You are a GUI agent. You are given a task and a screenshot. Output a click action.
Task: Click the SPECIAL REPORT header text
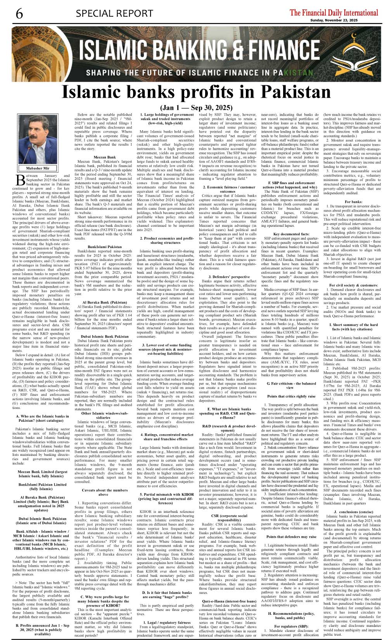114,14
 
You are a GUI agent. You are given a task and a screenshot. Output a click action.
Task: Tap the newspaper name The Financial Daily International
334,12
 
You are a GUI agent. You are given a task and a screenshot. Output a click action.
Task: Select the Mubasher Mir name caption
38,168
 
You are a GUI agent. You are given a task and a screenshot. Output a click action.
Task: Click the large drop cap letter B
21,180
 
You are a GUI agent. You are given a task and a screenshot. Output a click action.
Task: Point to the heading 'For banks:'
353,202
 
